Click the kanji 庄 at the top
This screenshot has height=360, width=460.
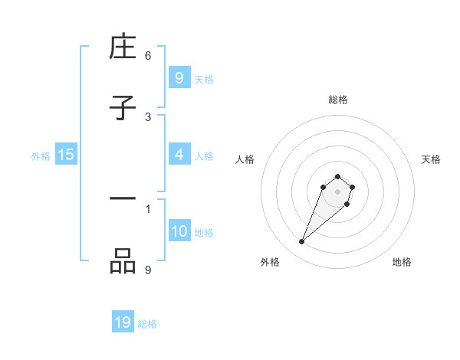(123, 48)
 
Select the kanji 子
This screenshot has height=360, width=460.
(123, 108)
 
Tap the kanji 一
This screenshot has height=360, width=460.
(123, 198)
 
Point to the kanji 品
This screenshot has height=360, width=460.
(123, 261)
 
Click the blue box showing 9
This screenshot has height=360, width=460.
(179, 77)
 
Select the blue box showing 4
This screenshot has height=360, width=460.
(179, 154)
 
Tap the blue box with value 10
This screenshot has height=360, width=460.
(179, 231)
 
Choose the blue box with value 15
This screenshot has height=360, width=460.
(66, 155)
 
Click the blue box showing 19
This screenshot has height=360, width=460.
(123, 322)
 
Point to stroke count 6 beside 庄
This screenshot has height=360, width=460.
(148, 55)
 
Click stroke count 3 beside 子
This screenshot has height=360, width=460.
(148, 116)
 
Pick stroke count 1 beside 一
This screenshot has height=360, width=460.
(148, 208)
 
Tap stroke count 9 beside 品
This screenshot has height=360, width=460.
(148, 269)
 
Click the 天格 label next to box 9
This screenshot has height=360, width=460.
(204, 79)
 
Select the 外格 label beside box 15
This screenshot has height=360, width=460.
(41, 155)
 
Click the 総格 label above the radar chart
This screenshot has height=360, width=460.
(338, 100)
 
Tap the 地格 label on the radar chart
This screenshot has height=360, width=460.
(402, 262)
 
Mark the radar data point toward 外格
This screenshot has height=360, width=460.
(302, 242)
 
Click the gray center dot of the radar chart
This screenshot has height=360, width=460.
(337, 191)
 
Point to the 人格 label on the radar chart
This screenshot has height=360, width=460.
(245, 159)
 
